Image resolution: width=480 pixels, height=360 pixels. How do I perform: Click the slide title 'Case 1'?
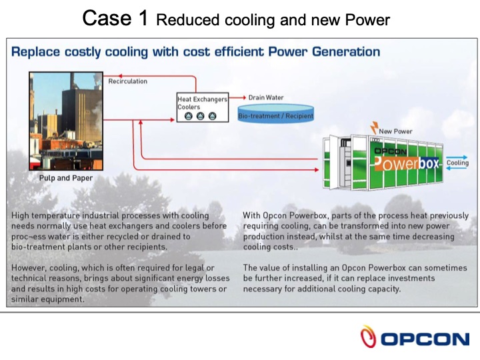[x=115, y=19]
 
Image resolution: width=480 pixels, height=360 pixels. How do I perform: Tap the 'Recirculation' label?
[x=127, y=81]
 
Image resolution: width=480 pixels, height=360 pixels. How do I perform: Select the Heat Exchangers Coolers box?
[x=201, y=107]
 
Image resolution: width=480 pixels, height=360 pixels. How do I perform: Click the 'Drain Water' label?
[x=266, y=97]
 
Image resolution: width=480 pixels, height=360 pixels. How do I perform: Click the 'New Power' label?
[x=395, y=131]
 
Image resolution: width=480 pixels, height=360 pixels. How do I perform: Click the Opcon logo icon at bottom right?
[x=367, y=336]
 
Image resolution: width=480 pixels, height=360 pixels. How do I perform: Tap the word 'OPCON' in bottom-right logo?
[x=425, y=339]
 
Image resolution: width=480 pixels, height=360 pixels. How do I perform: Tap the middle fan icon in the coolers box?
[x=201, y=116]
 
